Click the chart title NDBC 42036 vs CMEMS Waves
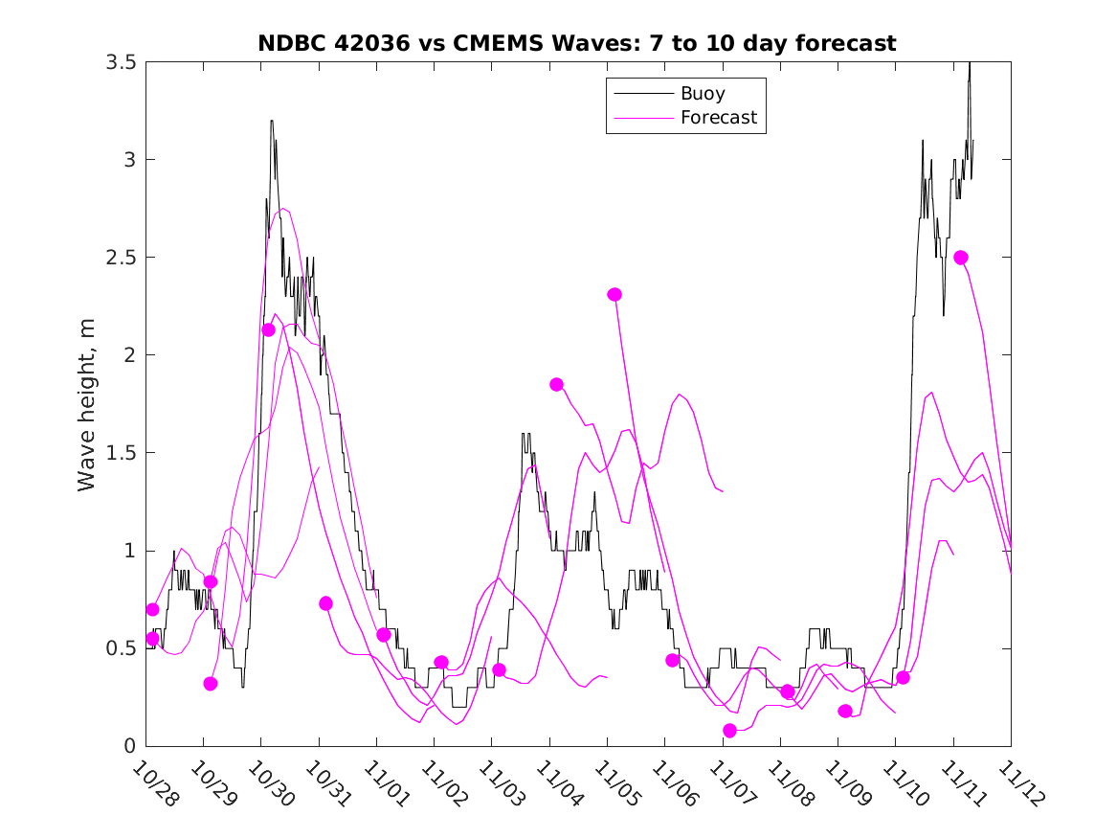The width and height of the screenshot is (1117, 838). click(x=576, y=43)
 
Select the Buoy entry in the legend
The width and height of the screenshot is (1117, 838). click(x=702, y=94)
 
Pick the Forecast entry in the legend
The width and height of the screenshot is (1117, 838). click(x=718, y=118)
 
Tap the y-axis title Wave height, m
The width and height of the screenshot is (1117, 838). click(x=87, y=405)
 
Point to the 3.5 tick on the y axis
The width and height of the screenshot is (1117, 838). click(x=120, y=62)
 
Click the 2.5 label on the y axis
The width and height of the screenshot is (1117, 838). click(x=120, y=258)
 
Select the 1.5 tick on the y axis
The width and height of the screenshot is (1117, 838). click(x=120, y=453)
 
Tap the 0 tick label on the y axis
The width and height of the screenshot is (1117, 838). click(x=128, y=746)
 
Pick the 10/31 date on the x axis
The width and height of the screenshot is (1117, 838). click(x=327, y=784)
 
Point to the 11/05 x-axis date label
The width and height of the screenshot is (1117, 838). click(x=615, y=784)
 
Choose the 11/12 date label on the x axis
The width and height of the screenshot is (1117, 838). click(x=1018, y=784)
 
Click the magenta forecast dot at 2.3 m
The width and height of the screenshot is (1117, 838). click(x=614, y=294)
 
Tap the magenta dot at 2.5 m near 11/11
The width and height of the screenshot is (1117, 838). click(x=961, y=258)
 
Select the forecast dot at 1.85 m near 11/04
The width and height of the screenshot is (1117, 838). click(x=556, y=384)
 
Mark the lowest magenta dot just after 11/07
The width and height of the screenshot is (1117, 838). click(x=730, y=731)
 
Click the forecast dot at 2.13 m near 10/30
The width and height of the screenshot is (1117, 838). click(x=268, y=329)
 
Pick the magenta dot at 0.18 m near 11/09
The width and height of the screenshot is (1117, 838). click(x=845, y=711)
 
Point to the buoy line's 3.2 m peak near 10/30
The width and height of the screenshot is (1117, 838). click(x=272, y=122)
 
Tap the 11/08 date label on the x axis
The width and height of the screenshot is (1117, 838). click(x=789, y=784)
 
